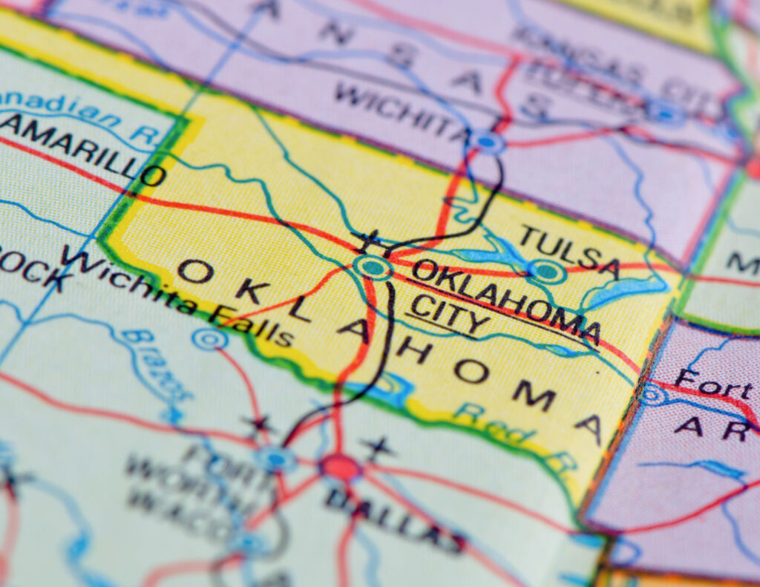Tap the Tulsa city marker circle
548,272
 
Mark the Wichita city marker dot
486,140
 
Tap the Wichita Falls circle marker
209,339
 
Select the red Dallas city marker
340,468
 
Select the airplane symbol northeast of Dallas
377,447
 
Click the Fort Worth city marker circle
276,459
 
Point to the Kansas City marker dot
665,114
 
